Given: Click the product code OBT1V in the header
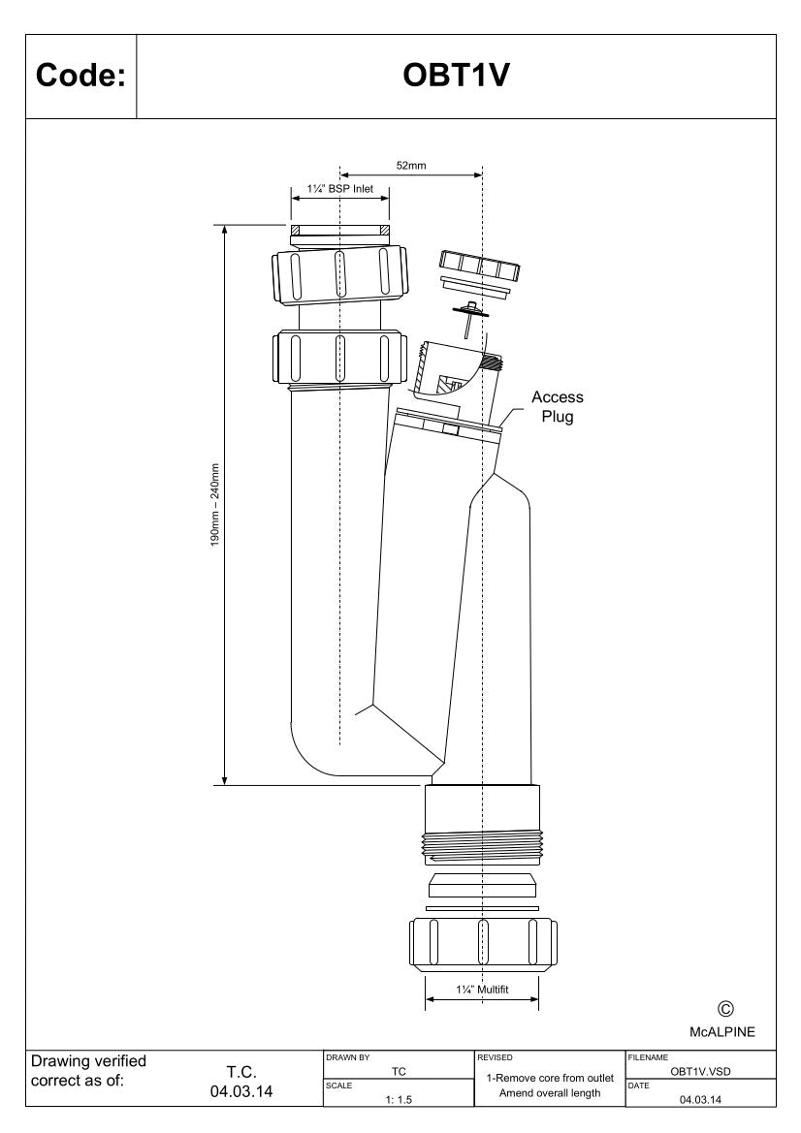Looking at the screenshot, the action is [x=456, y=76].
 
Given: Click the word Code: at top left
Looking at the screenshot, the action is [x=80, y=76].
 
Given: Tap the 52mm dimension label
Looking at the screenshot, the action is [x=410, y=166].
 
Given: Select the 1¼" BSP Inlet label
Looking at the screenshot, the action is [x=339, y=189].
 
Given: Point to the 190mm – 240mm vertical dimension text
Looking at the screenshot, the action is [x=214, y=505].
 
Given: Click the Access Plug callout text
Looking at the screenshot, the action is [x=558, y=407].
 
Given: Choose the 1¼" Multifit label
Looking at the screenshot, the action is [x=482, y=990].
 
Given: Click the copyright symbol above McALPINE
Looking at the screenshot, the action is [x=725, y=1010].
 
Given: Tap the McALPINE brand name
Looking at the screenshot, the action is [x=722, y=1032].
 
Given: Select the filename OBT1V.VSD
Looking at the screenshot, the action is [x=700, y=1072].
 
